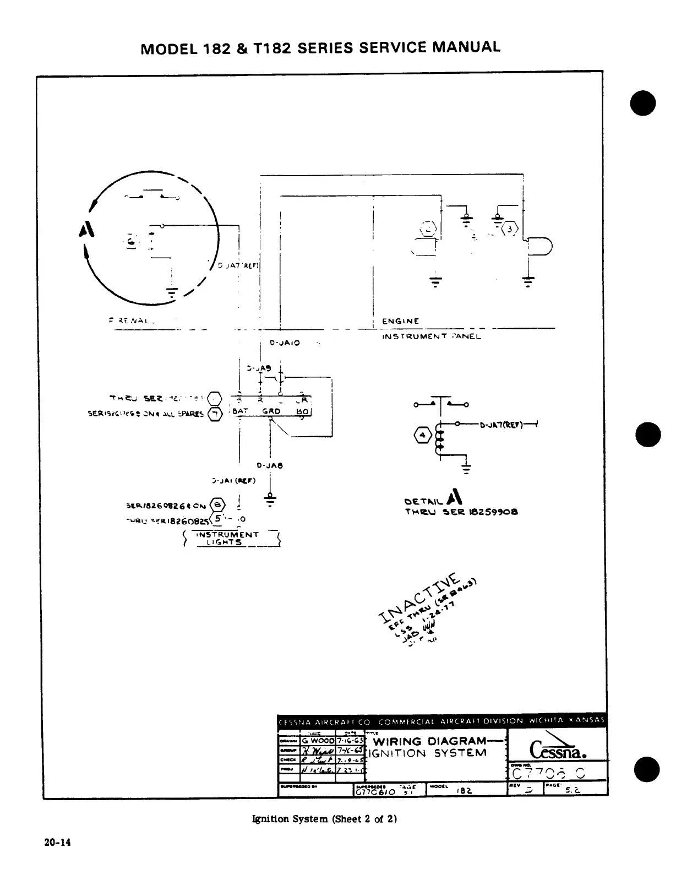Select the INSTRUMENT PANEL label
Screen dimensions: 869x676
(431, 336)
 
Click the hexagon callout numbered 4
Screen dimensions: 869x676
(423, 437)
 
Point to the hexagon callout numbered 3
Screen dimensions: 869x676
(511, 229)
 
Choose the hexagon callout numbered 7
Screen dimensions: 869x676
(216, 414)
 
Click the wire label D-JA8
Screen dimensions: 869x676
(270, 465)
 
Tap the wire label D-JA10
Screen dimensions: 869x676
(285, 343)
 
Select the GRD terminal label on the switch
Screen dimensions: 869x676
(271, 411)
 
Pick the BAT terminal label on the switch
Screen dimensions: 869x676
(242, 411)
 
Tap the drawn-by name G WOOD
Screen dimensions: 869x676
(317, 740)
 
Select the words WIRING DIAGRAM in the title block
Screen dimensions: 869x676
(429, 741)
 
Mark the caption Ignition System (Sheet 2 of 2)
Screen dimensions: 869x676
(324, 819)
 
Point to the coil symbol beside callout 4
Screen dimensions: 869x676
(439, 439)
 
